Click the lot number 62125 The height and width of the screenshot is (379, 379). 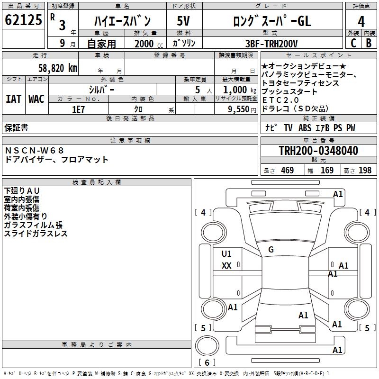click(x=24, y=20)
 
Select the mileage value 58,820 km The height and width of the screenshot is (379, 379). click(x=57, y=68)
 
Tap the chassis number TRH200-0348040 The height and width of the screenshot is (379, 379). click(x=318, y=151)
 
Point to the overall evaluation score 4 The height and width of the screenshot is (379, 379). click(x=361, y=21)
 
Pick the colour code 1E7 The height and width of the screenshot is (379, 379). click(x=79, y=109)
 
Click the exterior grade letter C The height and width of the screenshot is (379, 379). click(x=353, y=43)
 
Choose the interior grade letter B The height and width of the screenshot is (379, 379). click(x=369, y=43)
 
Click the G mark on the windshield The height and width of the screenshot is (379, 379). click(x=271, y=250)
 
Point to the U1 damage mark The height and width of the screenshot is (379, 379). click(x=226, y=254)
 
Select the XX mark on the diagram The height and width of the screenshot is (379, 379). click(x=226, y=266)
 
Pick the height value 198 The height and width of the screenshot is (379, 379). click(x=365, y=171)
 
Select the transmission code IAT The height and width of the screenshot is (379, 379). click(x=14, y=99)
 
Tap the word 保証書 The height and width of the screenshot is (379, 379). click(x=16, y=128)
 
